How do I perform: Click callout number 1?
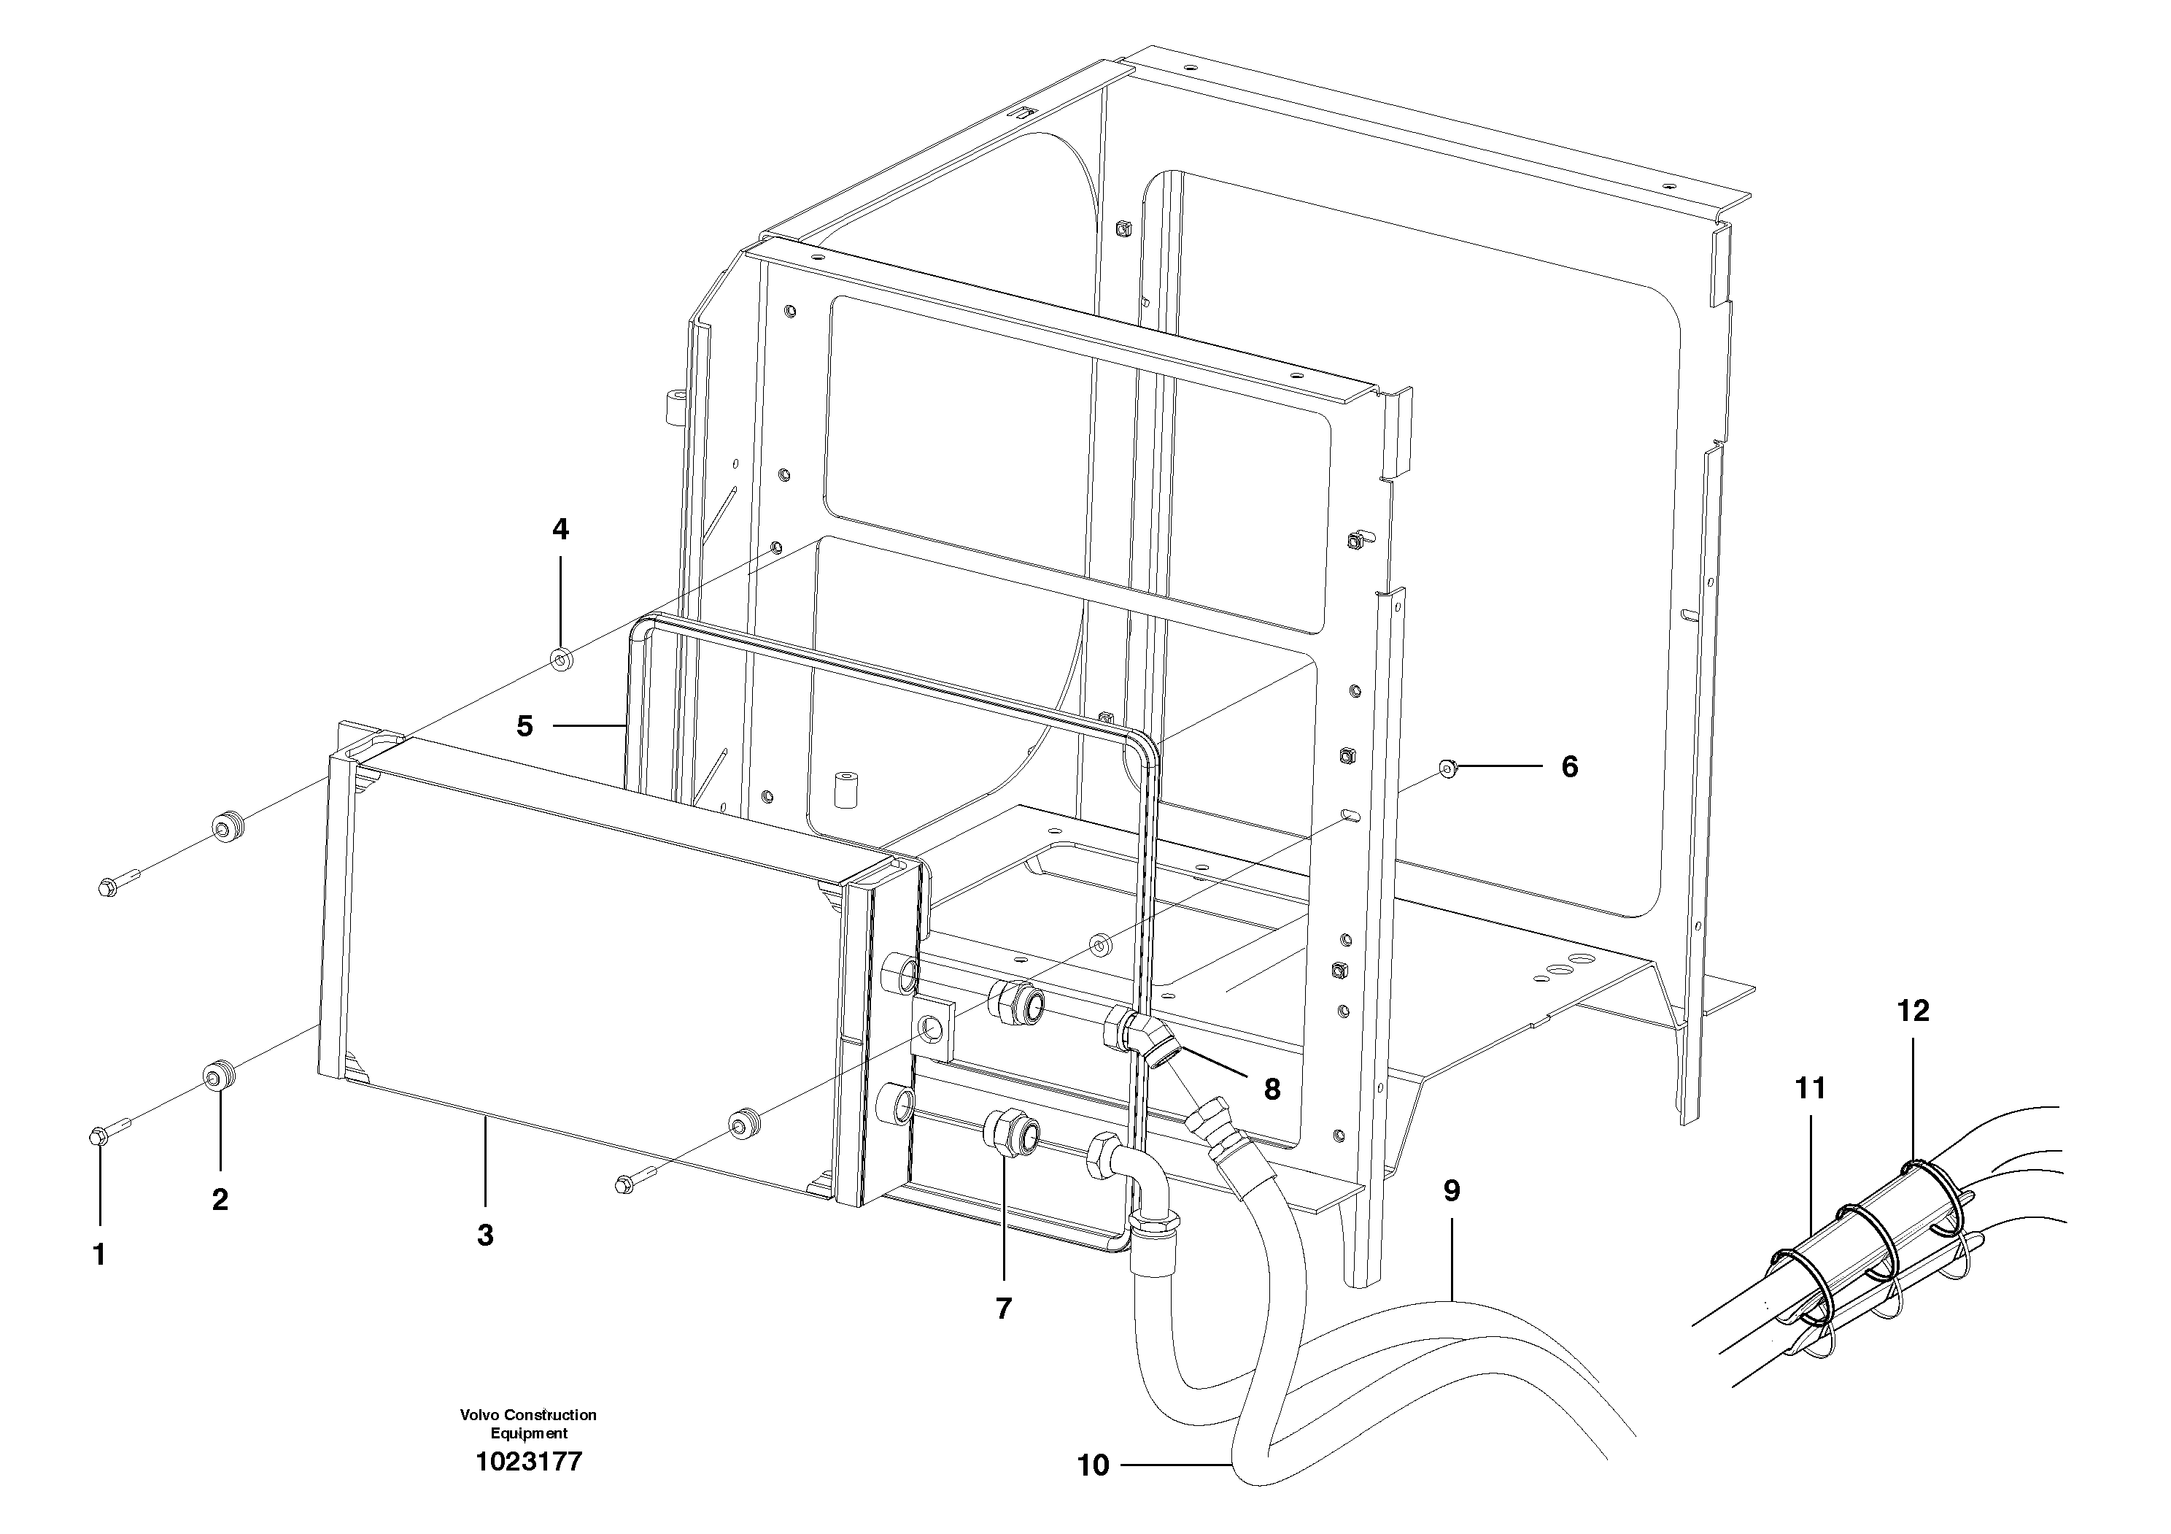click(x=99, y=1255)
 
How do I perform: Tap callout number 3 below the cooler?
click(x=485, y=1235)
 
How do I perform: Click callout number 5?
click(x=525, y=726)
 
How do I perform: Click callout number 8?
click(x=1272, y=1090)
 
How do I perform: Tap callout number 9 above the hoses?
click(x=1452, y=1192)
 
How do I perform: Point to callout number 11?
click(x=1810, y=1089)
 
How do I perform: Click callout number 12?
click(x=1912, y=1011)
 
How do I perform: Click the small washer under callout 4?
click(x=561, y=658)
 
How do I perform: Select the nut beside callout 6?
click(x=1446, y=767)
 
